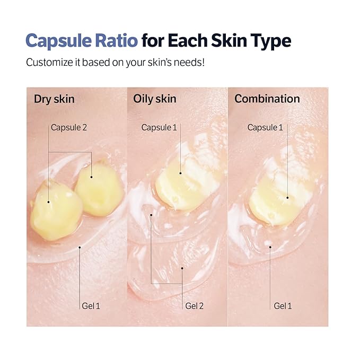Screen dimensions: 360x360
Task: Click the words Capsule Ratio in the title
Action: point(82,41)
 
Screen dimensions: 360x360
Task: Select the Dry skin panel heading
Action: point(54,99)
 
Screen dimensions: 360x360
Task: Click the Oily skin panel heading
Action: point(155,99)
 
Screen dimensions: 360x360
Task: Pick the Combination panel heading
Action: point(267,99)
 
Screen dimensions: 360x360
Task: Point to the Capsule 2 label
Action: point(69,127)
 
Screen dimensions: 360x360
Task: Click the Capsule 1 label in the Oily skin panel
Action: point(159,127)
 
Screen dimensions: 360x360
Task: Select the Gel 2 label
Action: point(194,305)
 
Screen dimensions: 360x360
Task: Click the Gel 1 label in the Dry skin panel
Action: point(91,305)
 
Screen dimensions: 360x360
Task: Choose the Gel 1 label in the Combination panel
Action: point(283,305)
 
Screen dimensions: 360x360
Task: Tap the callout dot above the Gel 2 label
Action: point(182,268)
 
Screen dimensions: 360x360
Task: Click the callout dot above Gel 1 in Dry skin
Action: point(80,247)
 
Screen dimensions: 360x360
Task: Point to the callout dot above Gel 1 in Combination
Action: point(270,245)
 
